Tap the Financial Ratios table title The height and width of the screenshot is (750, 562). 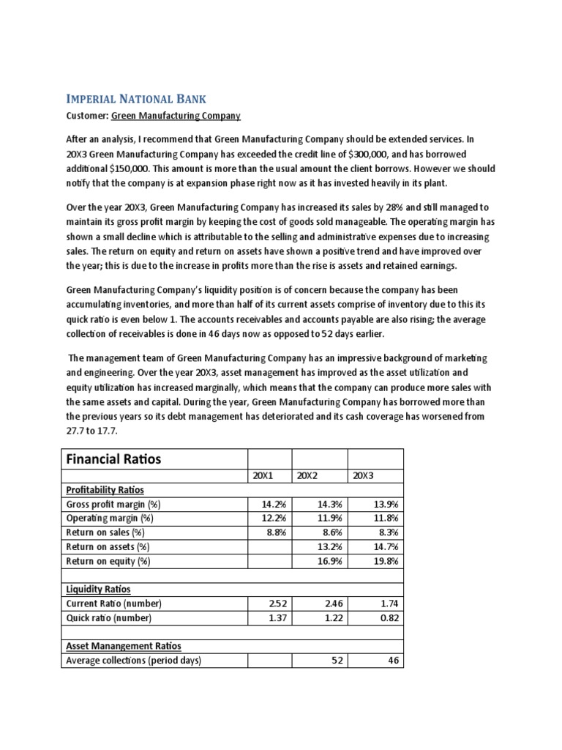point(114,459)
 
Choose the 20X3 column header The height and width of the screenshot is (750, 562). point(363,476)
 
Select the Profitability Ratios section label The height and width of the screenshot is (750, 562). point(105,490)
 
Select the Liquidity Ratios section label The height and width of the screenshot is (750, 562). point(99,589)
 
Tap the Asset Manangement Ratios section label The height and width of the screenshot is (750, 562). point(124,646)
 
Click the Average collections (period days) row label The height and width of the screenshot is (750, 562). point(133,661)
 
